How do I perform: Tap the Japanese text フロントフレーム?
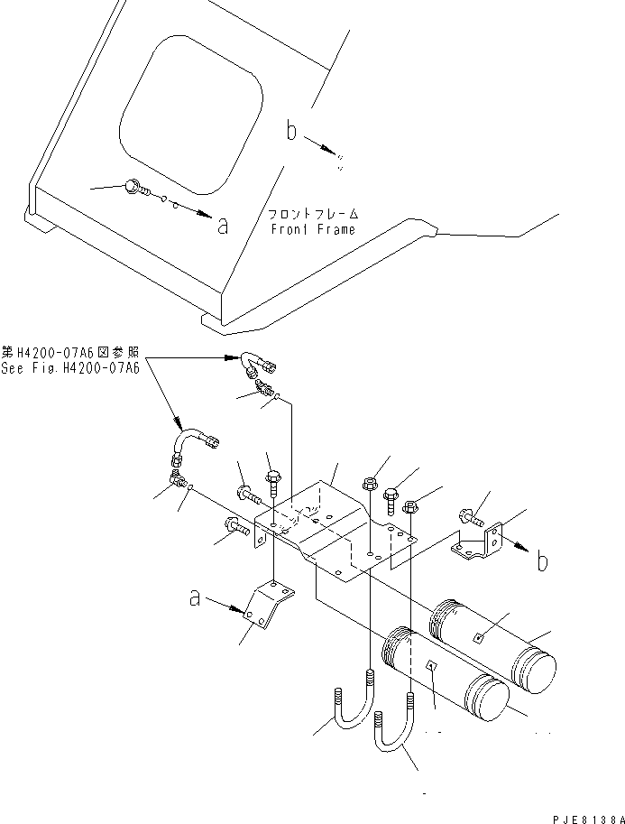pyautogui.click(x=312, y=215)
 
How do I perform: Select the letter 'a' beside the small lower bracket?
pyautogui.click(x=194, y=597)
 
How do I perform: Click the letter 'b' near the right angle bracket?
pyautogui.click(x=541, y=562)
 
